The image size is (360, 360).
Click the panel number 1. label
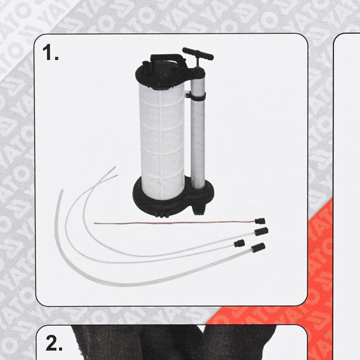coord(51,54)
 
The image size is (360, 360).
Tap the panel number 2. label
coord(54,344)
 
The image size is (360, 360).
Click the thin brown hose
coord(166,224)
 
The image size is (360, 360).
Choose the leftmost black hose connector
coord(239,243)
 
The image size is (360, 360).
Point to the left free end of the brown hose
coord(95,224)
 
